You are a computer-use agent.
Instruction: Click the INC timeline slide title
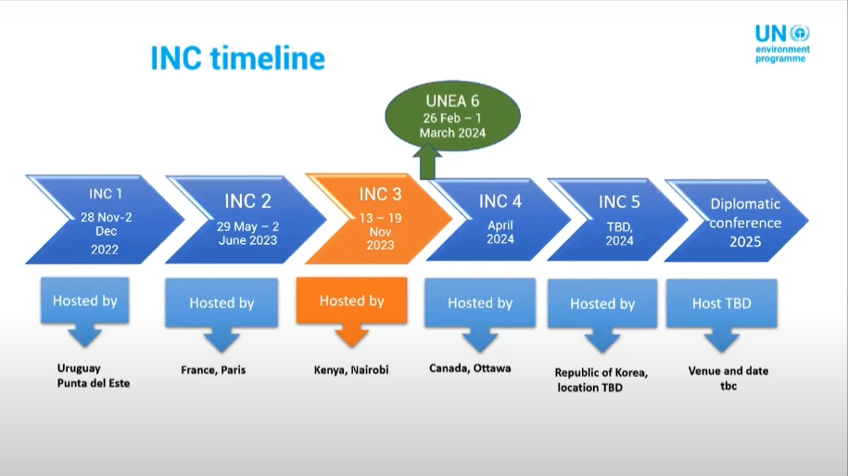237,58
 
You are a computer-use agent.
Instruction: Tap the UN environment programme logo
782,44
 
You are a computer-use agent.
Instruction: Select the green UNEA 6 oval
452,115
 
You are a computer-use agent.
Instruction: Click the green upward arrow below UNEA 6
427,161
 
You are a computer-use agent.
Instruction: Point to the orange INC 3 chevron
378,219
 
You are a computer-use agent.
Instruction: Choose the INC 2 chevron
247,219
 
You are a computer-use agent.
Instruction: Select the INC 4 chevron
499,220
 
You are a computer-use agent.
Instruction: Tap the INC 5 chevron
617,220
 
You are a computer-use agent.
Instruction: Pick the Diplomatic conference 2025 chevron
737,221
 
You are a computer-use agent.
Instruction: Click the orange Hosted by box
351,312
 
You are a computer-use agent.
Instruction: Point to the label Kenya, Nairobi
351,370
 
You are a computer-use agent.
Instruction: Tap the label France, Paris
213,370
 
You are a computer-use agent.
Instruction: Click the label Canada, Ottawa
470,368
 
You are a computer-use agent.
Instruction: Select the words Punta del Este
94,383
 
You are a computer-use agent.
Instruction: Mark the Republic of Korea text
601,373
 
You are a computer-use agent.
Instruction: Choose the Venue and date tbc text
728,378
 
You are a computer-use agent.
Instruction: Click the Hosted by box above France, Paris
221,314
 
